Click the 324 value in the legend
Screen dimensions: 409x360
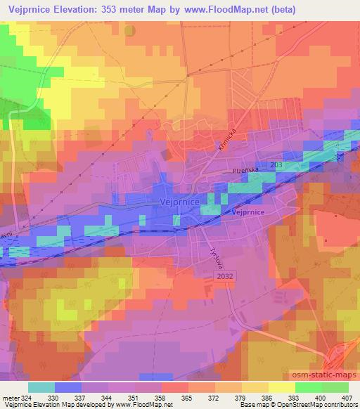[x=27, y=397]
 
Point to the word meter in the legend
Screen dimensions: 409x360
[x=10, y=397]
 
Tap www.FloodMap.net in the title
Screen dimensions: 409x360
[x=214, y=10]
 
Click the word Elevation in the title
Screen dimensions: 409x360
[x=83, y=10]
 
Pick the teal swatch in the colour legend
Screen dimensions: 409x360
[x=41, y=387]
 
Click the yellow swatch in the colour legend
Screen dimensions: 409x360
[x=282, y=387]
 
